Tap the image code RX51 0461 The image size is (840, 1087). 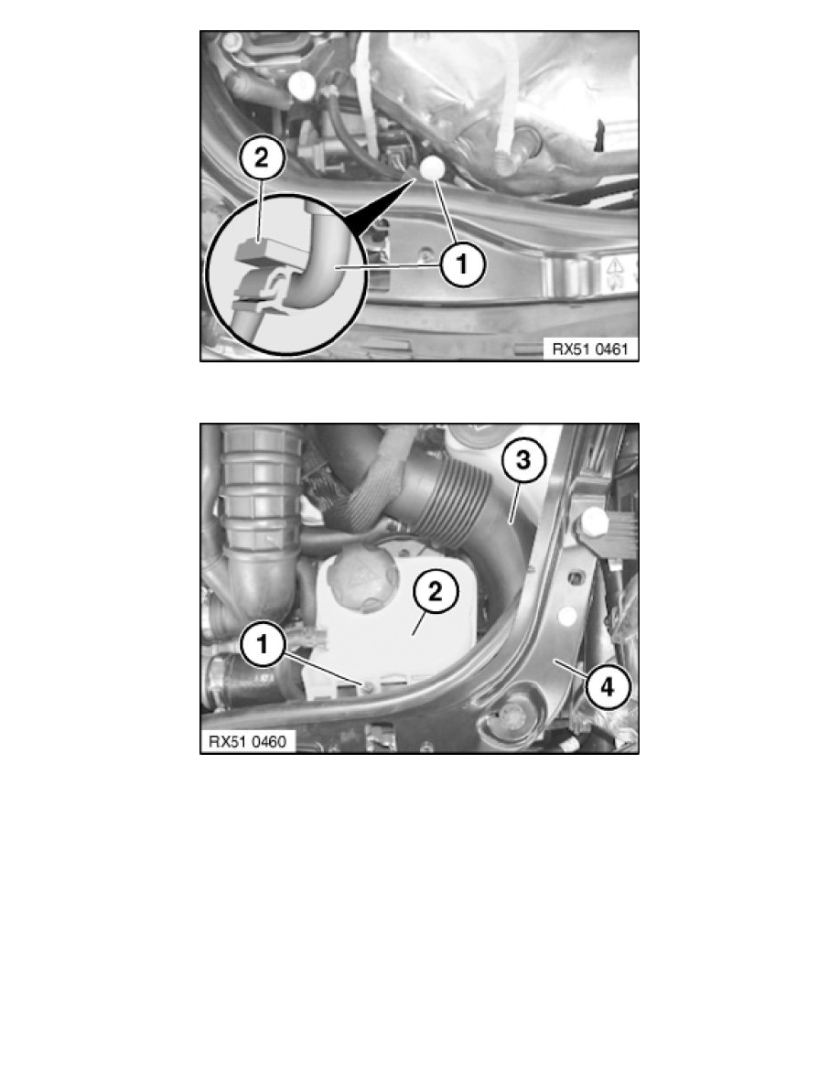tap(588, 348)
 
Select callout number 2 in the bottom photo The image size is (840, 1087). tap(434, 592)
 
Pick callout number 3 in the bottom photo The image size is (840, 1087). tap(519, 463)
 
